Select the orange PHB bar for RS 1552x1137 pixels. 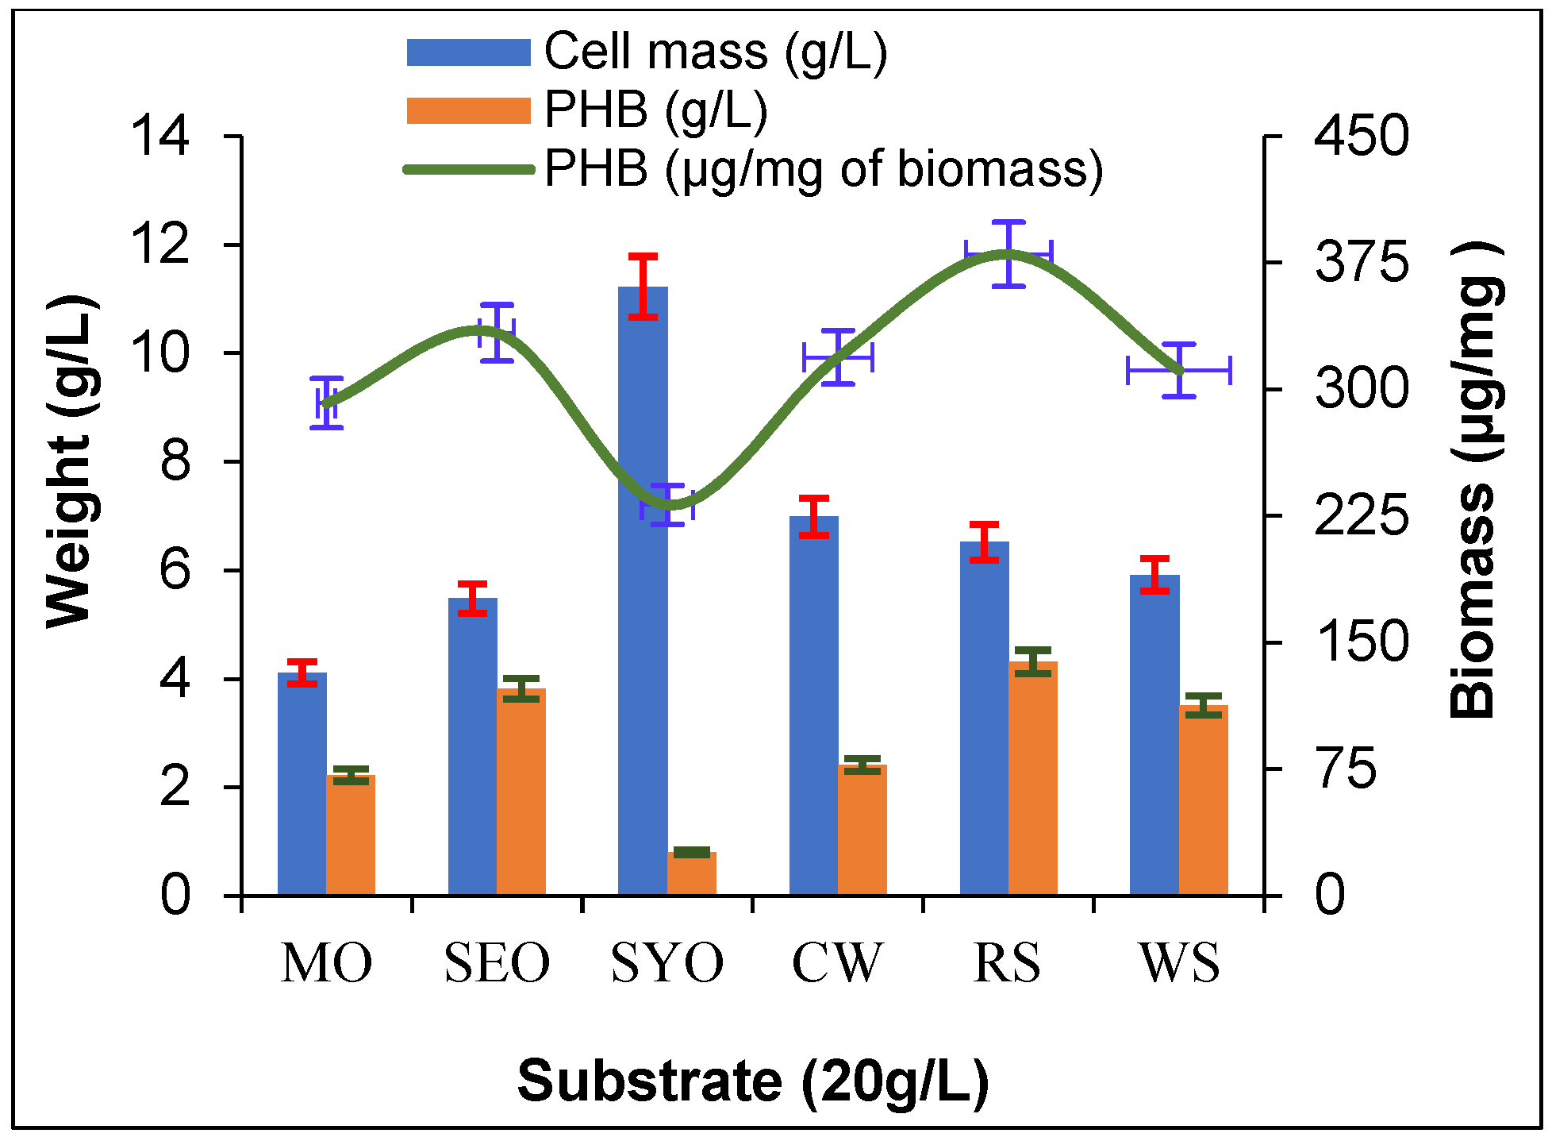point(1033,778)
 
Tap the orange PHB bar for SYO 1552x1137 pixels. point(692,873)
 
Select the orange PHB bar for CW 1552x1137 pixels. point(862,830)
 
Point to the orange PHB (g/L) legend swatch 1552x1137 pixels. point(468,111)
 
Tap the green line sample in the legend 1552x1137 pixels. point(468,169)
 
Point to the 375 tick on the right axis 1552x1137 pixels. point(1362,262)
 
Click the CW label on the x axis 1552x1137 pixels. point(837,963)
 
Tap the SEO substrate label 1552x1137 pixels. point(497,963)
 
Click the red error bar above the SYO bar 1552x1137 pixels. point(643,286)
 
